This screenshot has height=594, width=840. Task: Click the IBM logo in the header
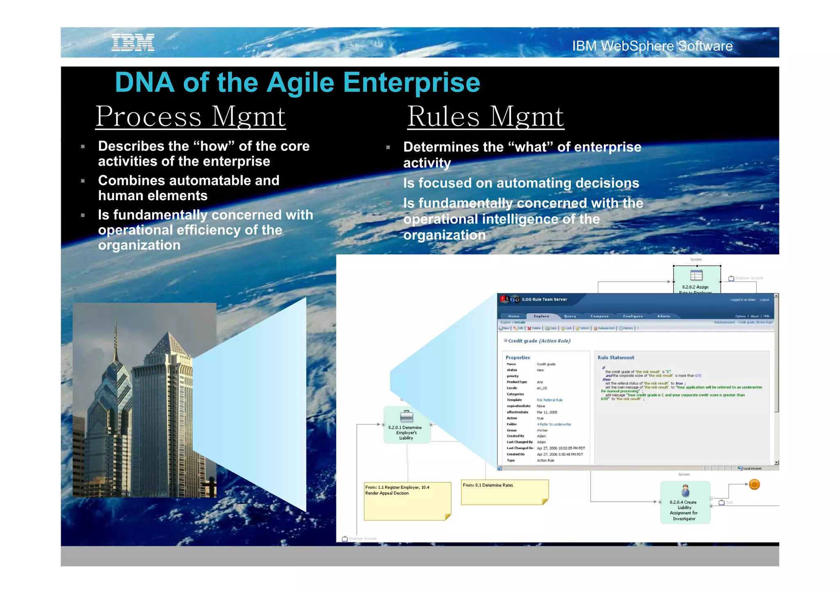click(x=133, y=43)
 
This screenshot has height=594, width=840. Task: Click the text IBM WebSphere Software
click(x=652, y=46)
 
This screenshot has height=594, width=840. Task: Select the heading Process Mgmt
click(x=190, y=117)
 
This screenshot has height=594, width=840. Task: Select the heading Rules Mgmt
click(x=485, y=117)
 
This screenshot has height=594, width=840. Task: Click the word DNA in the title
click(x=144, y=82)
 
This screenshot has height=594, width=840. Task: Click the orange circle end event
click(x=754, y=484)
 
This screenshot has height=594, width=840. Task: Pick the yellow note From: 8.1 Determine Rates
click(x=504, y=492)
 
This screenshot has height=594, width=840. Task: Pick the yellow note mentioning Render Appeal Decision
click(x=407, y=501)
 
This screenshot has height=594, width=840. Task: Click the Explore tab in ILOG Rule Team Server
click(x=541, y=316)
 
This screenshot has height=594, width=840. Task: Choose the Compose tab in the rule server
click(x=599, y=316)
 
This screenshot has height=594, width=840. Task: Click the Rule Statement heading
click(x=616, y=358)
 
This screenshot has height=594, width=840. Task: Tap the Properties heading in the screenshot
click(x=518, y=358)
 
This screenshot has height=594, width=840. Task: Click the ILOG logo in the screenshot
click(x=510, y=299)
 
